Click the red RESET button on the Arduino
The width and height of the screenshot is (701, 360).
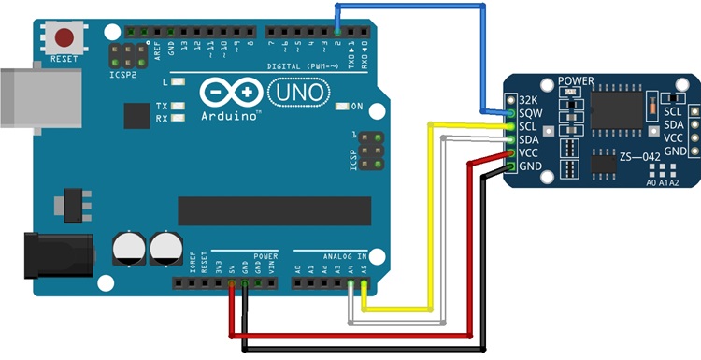64,38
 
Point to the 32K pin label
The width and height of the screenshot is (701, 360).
530,98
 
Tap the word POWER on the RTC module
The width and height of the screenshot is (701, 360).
575,82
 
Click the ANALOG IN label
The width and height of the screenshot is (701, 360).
336,254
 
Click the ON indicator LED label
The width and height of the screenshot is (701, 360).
354,107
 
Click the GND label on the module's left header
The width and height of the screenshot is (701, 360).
531,166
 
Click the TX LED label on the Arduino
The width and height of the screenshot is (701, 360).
162,106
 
